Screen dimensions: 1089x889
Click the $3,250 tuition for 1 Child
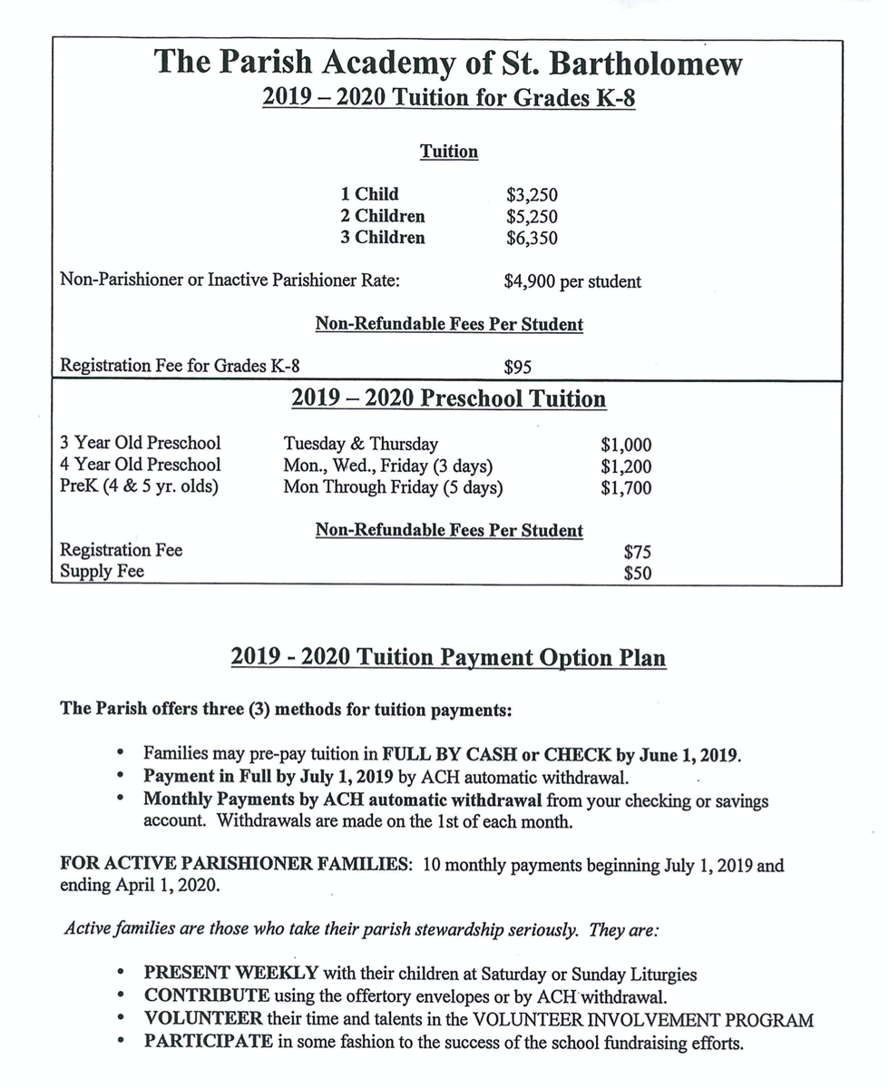[x=532, y=195]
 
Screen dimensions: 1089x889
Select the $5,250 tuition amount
[x=532, y=217]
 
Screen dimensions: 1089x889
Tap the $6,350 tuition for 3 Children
[x=532, y=239]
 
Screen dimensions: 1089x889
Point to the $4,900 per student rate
[x=571, y=281]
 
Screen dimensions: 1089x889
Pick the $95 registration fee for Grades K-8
[x=517, y=368]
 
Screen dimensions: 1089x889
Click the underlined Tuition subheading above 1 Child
[x=448, y=152]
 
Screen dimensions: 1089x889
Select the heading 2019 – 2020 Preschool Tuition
[x=448, y=399]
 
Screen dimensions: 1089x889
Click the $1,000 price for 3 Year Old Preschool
[x=626, y=446]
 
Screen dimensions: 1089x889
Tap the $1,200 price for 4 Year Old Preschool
[x=626, y=466]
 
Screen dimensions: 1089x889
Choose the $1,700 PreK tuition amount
[x=626, y=488]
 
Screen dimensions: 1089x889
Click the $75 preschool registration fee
[x=637, y=552]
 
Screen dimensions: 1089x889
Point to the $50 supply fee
[x=637, y=574]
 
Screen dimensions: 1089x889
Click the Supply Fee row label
[x=102, y=572]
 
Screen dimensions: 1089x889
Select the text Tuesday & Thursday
[x=360, y=445]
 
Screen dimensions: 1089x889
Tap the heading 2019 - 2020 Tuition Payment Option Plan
[x=448, y=657]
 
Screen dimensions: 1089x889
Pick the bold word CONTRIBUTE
[x=206, y=996]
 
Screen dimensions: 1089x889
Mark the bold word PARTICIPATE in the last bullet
[x=208, y=1042]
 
